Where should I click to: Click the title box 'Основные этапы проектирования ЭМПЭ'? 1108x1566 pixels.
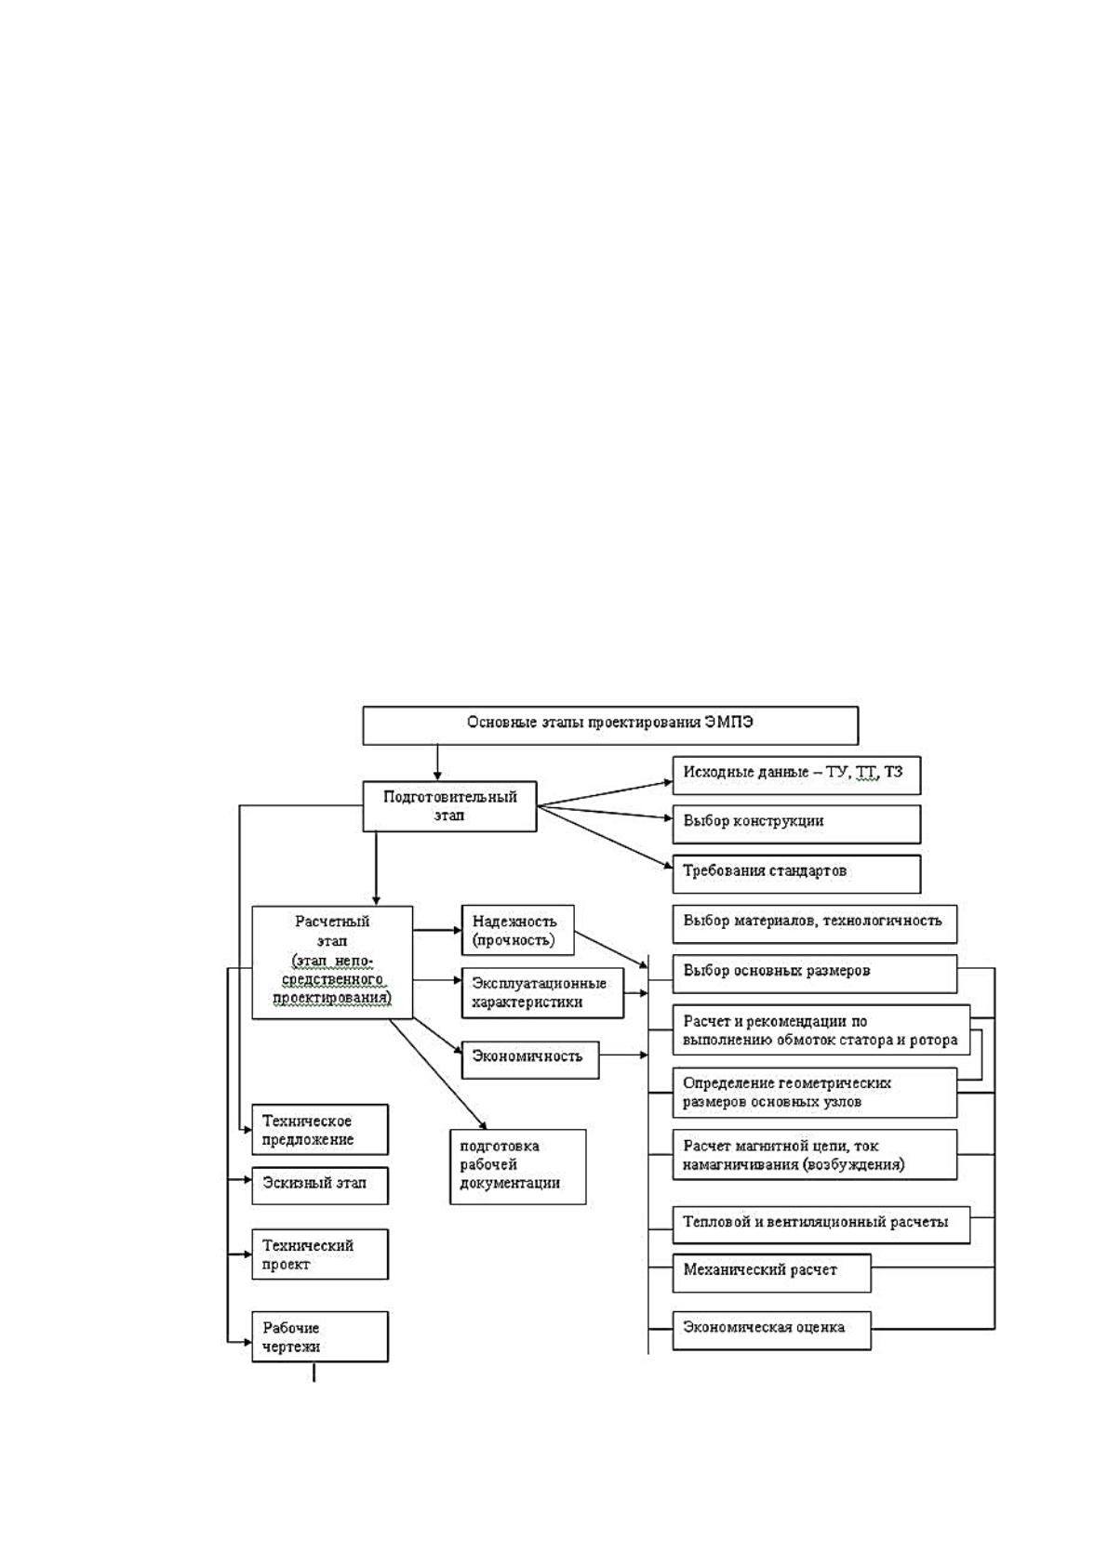[x=610, y=725]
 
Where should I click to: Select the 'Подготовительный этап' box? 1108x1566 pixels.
[x=449, y=806]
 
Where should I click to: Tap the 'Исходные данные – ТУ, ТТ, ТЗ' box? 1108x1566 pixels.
[x=796, y=775]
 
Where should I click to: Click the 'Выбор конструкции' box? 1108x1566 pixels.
[x=796, y=824]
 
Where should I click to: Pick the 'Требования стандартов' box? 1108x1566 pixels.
[x=796, y=874]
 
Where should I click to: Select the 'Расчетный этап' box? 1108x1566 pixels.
[x=332, y=962]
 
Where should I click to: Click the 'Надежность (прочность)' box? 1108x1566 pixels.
[x=517, y=930]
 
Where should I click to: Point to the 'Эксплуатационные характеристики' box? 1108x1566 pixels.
[x=542, y=993]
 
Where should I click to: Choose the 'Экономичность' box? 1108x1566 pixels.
[x=530, y=1060]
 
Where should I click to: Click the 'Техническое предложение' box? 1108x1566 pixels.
[x=320, y=1129]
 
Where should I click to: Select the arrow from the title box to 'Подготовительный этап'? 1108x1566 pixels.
[x=438, y=762]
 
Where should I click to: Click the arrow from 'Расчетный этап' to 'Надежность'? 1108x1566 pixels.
[x=437, y=930]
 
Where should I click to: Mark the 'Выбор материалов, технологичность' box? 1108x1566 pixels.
[x=815, y=923]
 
